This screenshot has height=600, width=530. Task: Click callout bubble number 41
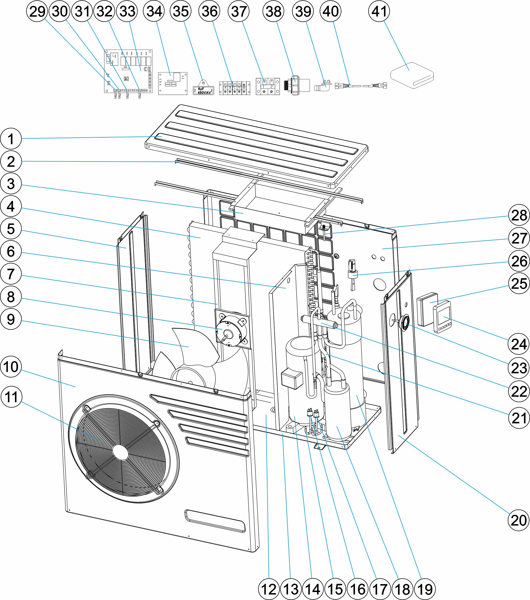(x=379, y=11)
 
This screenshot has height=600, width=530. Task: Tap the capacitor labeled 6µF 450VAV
(x=203, y=90)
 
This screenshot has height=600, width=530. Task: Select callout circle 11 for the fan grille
(x=11, y=397)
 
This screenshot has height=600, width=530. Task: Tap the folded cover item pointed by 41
(x=412, y=76)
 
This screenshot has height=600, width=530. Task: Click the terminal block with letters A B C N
(x=235, y=88)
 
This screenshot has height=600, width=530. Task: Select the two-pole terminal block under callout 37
(x=268, y=87)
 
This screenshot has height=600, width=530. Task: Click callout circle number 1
(x=11, y=139)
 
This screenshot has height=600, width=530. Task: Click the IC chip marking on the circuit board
(x=126, y=79)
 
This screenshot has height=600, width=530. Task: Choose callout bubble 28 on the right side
(x=519, y=215)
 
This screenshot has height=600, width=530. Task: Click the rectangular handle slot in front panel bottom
(x=215, y=520)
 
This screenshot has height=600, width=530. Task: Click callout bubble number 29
(x=37, y=11)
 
